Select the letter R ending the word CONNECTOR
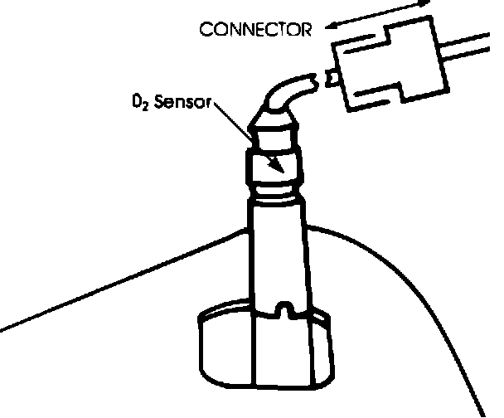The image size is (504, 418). (306, 31)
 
